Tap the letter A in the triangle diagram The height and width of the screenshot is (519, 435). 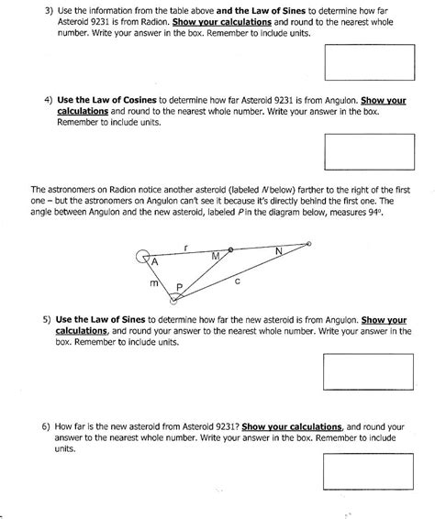pyautogui.click(x=155, y=261)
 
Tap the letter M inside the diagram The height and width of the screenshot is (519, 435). pyautogui.click(x=215, y=255)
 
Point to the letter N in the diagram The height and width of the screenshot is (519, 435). pyautogui.click(x=279, y=250)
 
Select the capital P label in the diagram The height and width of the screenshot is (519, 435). pyautogui.click(x=180, y=287)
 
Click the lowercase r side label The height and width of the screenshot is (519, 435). pyautogui.click(x=186, y=246)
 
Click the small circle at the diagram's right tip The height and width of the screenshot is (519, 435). pyautogui.click(x=308, y=244)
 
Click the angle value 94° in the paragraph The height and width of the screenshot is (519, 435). pyautogui.click(x=367, y=213)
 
